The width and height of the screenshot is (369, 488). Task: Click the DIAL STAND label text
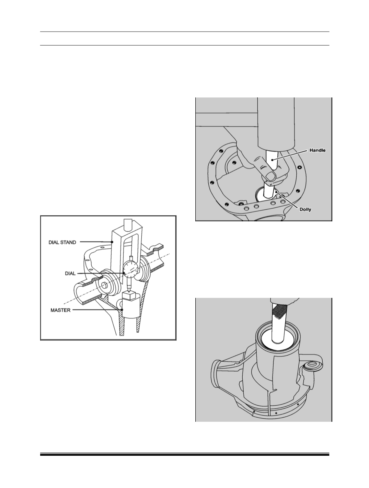(62, 242)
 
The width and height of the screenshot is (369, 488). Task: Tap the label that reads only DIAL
(70, 274)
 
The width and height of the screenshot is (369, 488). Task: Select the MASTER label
(60, 310)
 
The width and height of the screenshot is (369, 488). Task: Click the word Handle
(318, 150)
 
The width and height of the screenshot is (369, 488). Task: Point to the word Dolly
(305, 209)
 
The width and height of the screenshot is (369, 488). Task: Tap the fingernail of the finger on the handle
(270, 176)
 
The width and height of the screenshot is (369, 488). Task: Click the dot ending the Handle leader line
(272, 160)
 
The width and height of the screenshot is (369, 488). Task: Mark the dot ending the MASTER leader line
(122, 310)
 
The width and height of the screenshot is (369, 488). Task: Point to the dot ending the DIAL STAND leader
(112, 242)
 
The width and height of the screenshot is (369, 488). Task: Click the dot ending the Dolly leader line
(276, 191)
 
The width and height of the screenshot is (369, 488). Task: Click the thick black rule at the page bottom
(185, 455)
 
